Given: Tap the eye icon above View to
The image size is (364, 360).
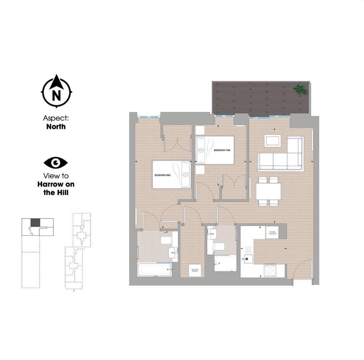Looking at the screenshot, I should (56, 162).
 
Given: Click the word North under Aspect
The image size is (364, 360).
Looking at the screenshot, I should (56, 126).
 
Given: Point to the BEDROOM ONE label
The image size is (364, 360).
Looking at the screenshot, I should (162, 175).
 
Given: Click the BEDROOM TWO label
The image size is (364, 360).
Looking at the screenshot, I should (222, 150).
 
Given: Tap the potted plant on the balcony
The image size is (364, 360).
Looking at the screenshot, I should (299, 89).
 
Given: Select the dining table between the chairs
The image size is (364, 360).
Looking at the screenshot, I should (268, 191).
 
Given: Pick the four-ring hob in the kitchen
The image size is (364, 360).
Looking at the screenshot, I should (270, 270).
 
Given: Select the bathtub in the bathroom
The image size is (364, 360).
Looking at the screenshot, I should (154, 270).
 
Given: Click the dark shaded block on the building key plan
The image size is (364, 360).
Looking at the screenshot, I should (35, 222).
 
